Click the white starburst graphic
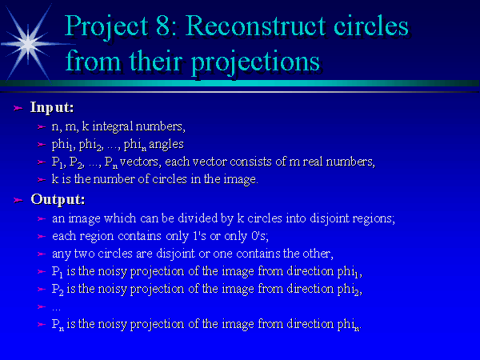(28, 44)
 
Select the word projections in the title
(256, 62)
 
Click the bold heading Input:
(52, 108)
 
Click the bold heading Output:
(58, 199)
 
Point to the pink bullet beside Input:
(18, 108)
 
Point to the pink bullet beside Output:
(18, 200)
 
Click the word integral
(112, 126)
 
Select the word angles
(166, 145)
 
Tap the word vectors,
(140, 162)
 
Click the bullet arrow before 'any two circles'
(42, 254)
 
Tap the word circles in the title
(370, 26)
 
